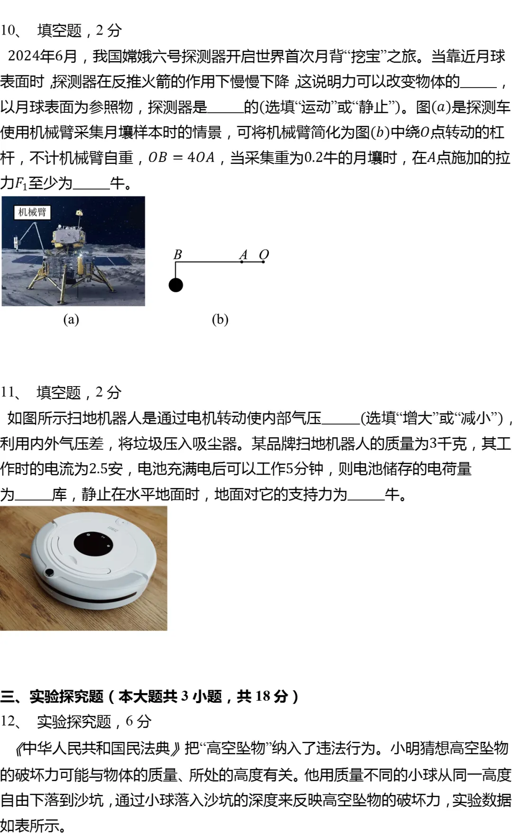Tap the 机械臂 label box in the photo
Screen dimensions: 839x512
(32, 212)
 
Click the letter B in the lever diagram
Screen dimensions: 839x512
(178, 254)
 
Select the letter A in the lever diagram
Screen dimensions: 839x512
(244, 255)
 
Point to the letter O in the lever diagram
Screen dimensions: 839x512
(264, 254)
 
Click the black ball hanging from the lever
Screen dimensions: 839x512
(176, 285)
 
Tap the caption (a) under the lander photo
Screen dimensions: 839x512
(71, 319)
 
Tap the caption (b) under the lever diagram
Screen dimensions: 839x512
(220, 319)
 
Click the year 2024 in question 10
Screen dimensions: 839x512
(24, 56)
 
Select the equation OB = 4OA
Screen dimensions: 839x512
(182, 157)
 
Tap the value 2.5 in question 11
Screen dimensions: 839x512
(98, 469)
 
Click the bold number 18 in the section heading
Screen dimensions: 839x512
(263, 696)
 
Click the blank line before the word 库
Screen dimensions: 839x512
(33, 495)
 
